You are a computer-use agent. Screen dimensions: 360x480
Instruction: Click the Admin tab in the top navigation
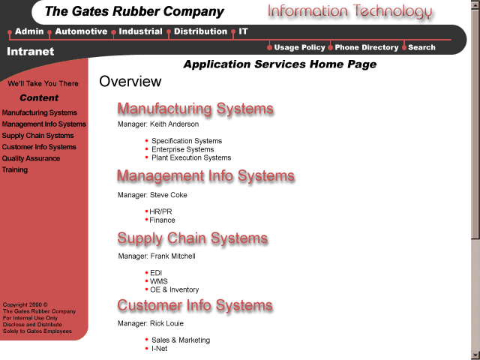[29, 31]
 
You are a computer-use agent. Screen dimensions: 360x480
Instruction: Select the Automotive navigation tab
[81, 31]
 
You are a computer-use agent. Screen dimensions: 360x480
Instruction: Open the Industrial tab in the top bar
[140, 31]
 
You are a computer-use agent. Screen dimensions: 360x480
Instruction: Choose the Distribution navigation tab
[200, 31]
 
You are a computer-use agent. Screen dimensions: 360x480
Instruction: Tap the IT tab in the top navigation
[244, 31]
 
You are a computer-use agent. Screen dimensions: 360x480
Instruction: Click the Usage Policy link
[299, 47]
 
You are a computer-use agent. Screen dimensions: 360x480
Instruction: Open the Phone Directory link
[367, 47]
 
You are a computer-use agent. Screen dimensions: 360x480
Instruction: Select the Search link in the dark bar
[421, 47]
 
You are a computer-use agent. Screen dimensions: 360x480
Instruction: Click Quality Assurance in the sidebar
[31, 158]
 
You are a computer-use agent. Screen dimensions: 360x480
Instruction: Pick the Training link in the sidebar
[15, 169]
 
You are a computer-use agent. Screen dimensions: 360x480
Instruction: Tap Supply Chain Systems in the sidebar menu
[37, 136]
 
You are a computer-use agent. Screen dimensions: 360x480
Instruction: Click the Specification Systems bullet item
[187, 141]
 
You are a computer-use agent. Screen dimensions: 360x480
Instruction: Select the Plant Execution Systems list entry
[191, 157]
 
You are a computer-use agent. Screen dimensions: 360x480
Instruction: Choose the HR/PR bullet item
[160, 211]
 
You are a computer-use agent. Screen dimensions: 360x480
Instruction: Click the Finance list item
[162, 220]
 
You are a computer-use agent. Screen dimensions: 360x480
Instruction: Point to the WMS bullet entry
[159, 281]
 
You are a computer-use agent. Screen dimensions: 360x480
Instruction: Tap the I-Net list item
[159, 349]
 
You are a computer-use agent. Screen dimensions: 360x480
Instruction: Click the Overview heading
[130, 82]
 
